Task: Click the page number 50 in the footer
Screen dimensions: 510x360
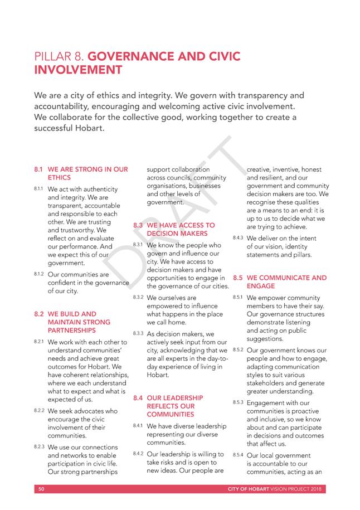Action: pyautogui.click(x=41, y=489)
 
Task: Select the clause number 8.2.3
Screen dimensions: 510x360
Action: pyautogui.click(x=40, y=446)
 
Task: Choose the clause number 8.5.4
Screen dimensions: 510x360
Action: pyautogui.click(x=238, y=455)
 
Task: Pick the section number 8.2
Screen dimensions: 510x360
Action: pyautogui.click(x=39, y=314)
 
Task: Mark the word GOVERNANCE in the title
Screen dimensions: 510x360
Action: pyautogui.click(x=138, y=56)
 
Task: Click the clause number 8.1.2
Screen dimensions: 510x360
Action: pyautogui.click(x=40, y=274)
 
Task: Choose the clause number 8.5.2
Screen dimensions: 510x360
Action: pyautogui.click(x=238, y=349)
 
